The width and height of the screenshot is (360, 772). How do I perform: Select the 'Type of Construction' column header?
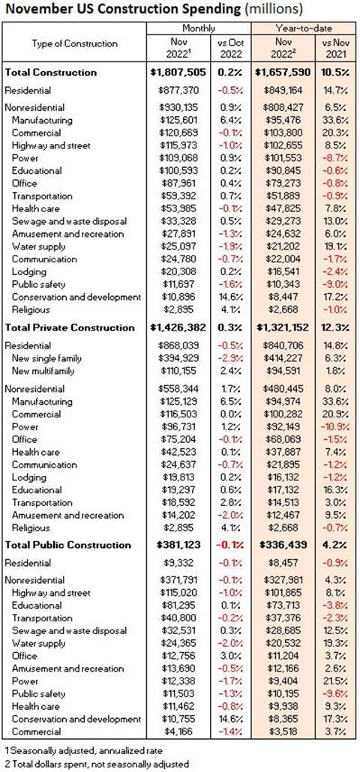[x=75, y=43]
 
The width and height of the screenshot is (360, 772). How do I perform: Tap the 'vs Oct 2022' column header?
[x=231, y=49]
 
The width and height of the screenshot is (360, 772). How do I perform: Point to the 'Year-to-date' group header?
[x=302, y=28]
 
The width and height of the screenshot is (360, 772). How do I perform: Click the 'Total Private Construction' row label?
[x=70, y=328]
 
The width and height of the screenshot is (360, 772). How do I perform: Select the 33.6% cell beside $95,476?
[x=336, y=120]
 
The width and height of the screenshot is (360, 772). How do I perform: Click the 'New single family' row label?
[x=47, y=358]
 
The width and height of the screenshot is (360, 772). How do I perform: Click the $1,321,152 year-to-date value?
[x=283, y=328]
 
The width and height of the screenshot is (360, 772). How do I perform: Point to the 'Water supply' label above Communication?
[x=38, y=246]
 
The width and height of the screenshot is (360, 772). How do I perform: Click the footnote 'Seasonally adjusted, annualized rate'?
[x=82, y=751]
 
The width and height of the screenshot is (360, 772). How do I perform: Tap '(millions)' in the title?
[x=271, y=9]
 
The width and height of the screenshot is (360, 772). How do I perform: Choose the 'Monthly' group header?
[x=199, y=28]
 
